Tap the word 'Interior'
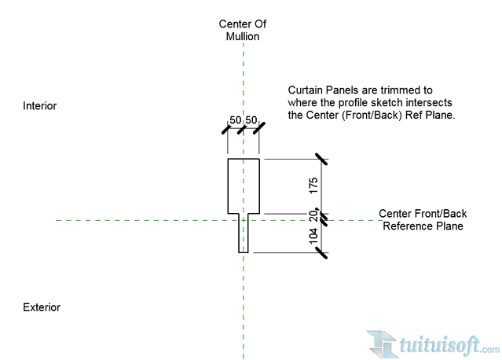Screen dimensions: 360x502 pos(40,106)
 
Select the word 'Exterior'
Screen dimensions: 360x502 pos(42,307)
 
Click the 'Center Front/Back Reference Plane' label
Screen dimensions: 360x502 pos(422,220)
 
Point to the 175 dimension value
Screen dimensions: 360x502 pos(313,186)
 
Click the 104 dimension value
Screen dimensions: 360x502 pos(313,237)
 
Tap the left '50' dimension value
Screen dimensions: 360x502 pos(235,120)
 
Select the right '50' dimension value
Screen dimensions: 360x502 pos(251,120)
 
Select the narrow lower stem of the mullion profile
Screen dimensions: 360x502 pos(244,233)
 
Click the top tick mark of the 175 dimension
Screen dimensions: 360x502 pos(321,160)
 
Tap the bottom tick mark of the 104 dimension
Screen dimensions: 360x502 pos(321,252)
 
